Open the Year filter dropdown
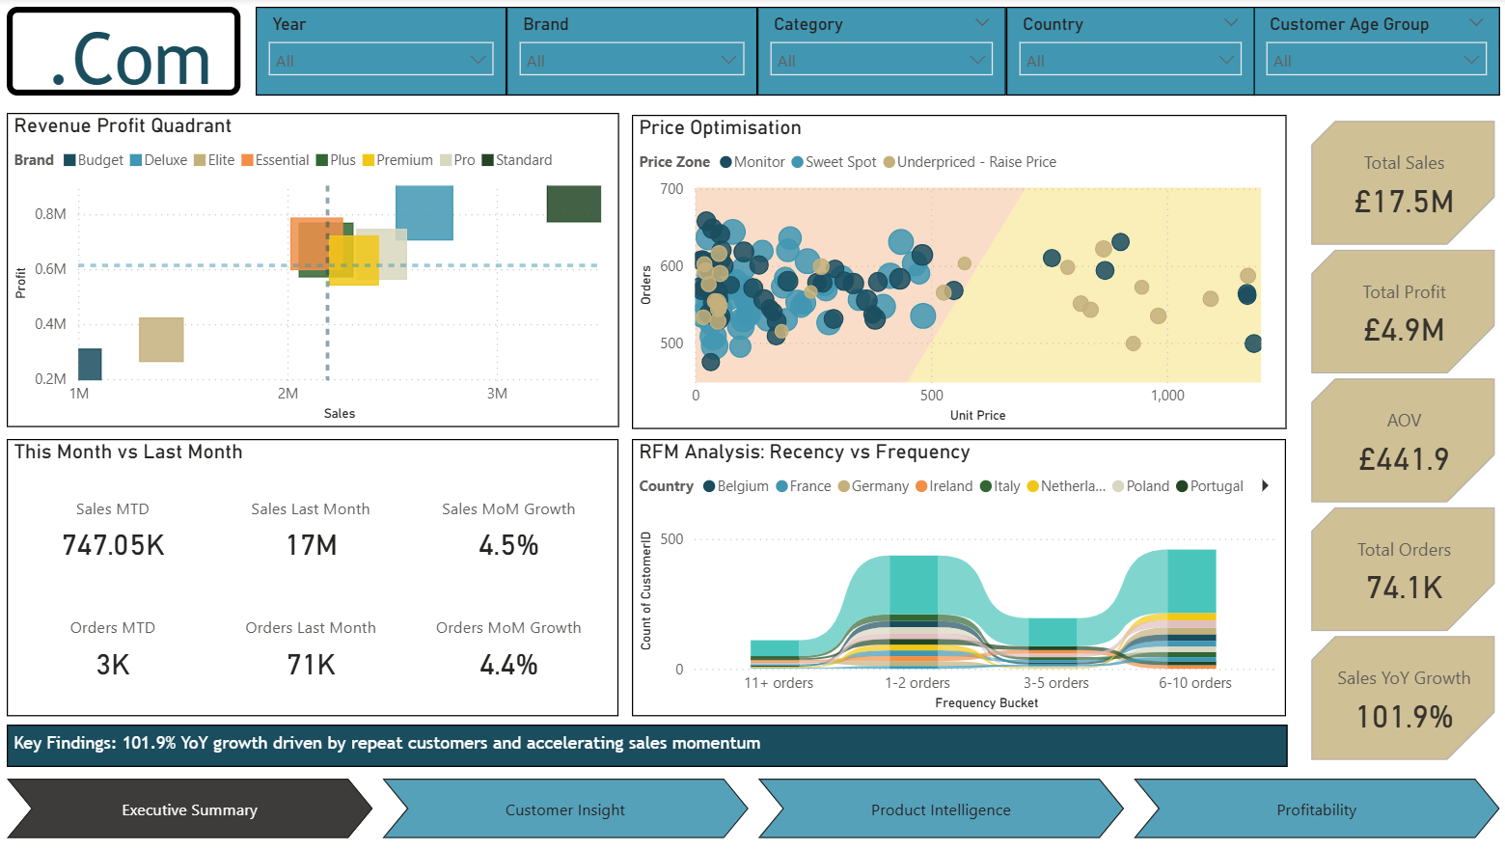tap(380, 60)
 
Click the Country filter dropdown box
tap(1129, 60)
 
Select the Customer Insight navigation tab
tap(565, 810)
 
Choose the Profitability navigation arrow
tap(1316, 810)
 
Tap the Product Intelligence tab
tap(941, 810)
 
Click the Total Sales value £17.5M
tap(1404, 202)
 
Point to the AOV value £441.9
tap(1404, 459)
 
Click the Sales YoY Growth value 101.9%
tap(1404, 717)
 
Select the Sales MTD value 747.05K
tap(113, 546)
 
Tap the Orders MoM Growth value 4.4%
tap(508, 665)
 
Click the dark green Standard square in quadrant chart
tap(573, 204)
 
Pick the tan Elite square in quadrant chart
tap(161, 340)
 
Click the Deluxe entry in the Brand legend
tap(159, 160)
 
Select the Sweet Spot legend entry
tap(835, 162)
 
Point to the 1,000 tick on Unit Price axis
tap(1167, 396)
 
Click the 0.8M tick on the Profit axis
tap(50, 214)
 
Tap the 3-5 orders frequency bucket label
tap(1055, 683)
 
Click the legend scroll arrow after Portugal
tap(1265, 486)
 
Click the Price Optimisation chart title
tap(720, 128)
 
